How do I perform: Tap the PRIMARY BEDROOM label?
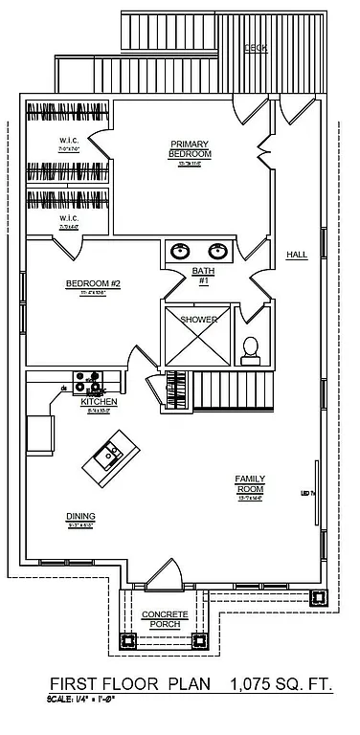click(189, 148)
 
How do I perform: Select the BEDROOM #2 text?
click(92, 283)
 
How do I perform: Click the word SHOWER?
click(199, 319)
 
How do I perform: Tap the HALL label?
click(297, 254)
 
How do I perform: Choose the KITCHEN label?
click(99, 401)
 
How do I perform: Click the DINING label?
click(80, 516)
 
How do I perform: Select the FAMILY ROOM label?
click(251, 482)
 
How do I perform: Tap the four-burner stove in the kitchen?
click(88, 380)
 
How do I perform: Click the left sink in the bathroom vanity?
click(179, 252)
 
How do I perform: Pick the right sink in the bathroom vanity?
click(217, 252)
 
